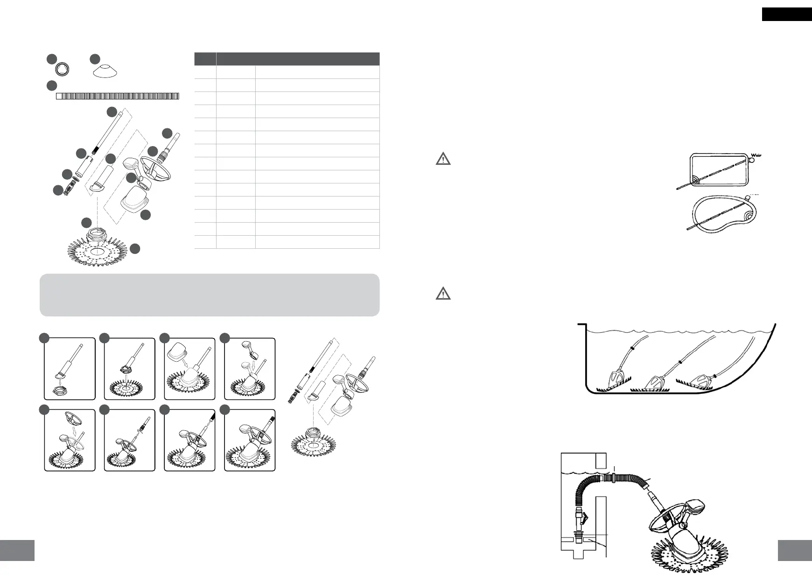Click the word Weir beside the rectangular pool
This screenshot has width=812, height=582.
pyautogui.click(x=757, y=155)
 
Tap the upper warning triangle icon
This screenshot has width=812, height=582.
pyautogui.click(x=443, y=159)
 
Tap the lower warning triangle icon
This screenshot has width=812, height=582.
pyautogui.click(x=443, y=294)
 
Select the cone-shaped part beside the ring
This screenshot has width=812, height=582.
pyautogui.click(x=104, y=71)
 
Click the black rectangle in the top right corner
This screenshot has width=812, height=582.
pyautogui.click(x=786, y=14)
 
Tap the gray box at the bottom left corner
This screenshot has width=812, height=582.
pyautogui.click(x=17, y=551)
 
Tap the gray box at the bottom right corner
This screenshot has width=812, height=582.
pyautogui.click(x=795, y=551)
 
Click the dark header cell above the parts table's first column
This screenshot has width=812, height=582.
pyautogui.click(x=205, y=59)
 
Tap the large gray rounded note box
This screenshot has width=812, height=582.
pyautogui.click(x=210, y=295)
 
